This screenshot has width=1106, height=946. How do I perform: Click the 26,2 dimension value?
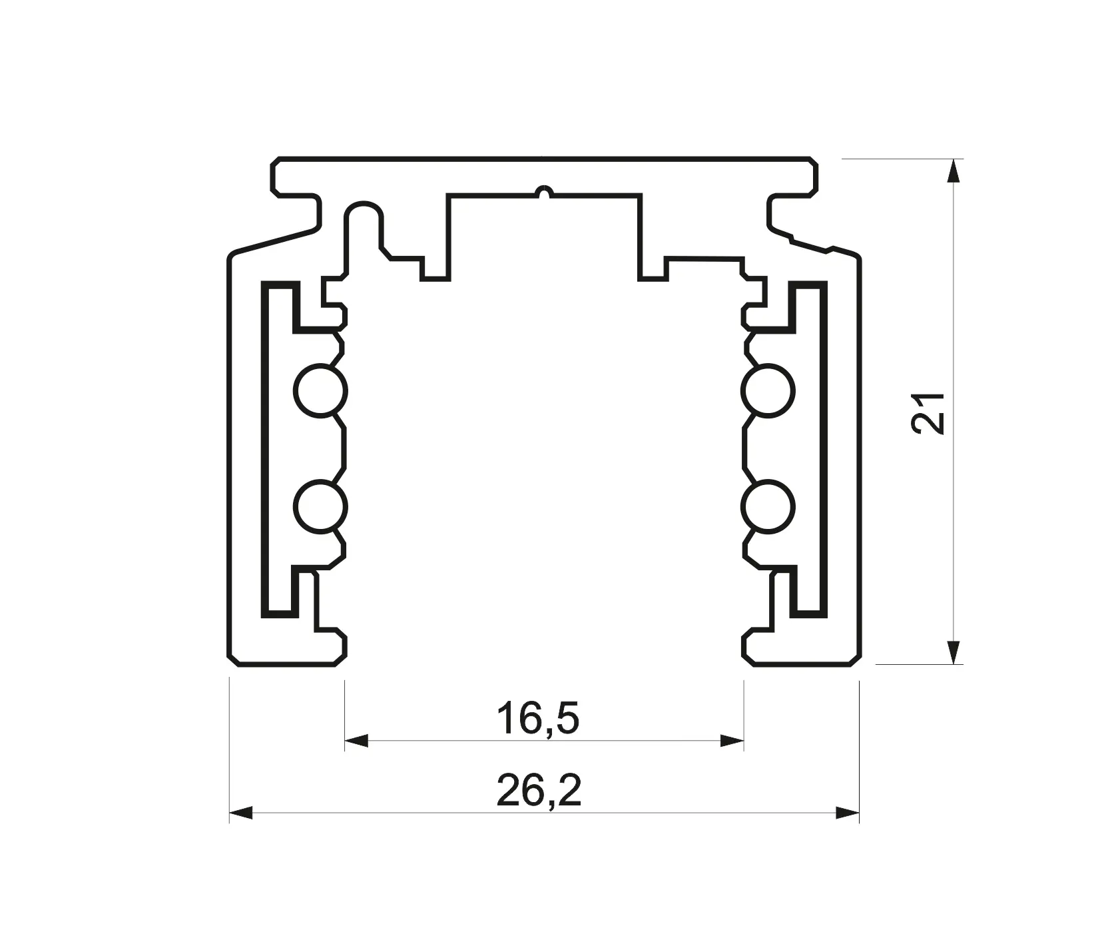point(539,791)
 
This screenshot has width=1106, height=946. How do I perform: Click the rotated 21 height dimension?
point(928,413)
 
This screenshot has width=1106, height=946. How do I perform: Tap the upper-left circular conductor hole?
point(320,391)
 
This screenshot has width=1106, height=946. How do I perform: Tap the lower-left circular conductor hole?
point(320,506)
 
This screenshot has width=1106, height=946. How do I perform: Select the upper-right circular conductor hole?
point(769,391)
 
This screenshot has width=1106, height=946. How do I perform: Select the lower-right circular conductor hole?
point(769,506)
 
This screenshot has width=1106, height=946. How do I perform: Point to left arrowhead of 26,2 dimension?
point(241,813)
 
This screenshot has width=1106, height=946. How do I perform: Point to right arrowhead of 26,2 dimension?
point(847,813)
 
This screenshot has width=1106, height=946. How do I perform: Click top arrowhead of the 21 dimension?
point(954,171)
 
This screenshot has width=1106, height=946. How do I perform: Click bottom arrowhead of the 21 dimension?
point(954,652)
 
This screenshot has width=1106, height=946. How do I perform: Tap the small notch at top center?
point(545,192)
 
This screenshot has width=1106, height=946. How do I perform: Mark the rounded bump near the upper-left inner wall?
point(364,212)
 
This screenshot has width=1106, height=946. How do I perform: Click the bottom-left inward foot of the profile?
point(333,646)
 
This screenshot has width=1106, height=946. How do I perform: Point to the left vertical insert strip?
point(265,446)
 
